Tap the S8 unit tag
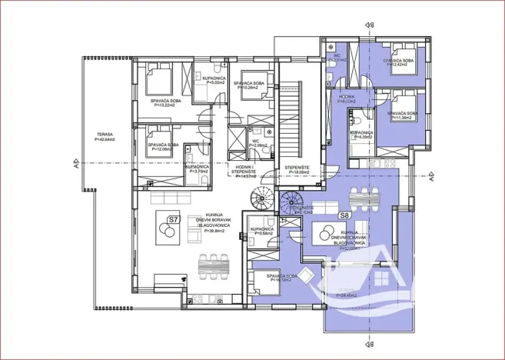pos(345,216)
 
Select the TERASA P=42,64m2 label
pos(105,137)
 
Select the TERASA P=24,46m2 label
pos(350,293)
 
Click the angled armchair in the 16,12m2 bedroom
pos(306,275)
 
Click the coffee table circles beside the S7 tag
pos(164,236)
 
